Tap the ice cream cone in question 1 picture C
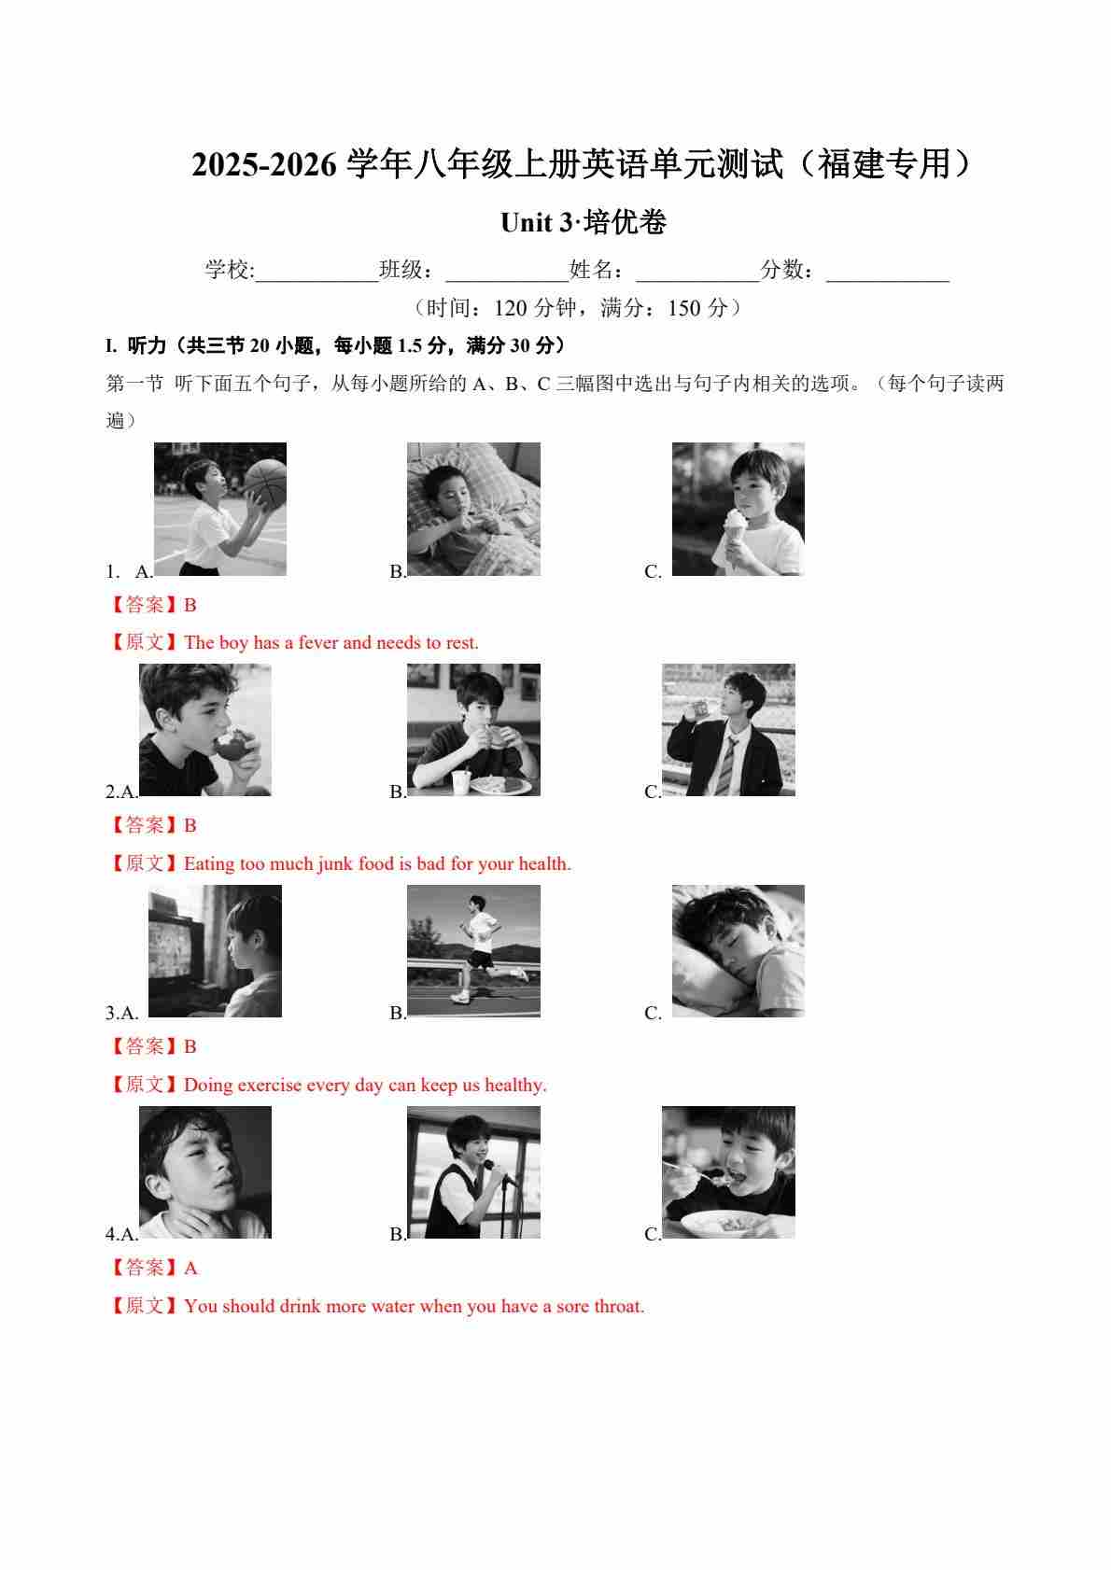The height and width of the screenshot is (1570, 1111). click(735, 533)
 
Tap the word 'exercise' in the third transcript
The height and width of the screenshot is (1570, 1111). click(268, 1085)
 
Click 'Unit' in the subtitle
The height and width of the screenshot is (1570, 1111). click(526, 223)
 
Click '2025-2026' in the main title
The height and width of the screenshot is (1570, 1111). click(264, 164)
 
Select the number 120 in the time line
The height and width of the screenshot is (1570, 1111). click(513, 308)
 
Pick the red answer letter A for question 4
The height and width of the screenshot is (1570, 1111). click(190, 1268)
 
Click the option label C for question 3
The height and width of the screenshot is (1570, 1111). click(653, 1013)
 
